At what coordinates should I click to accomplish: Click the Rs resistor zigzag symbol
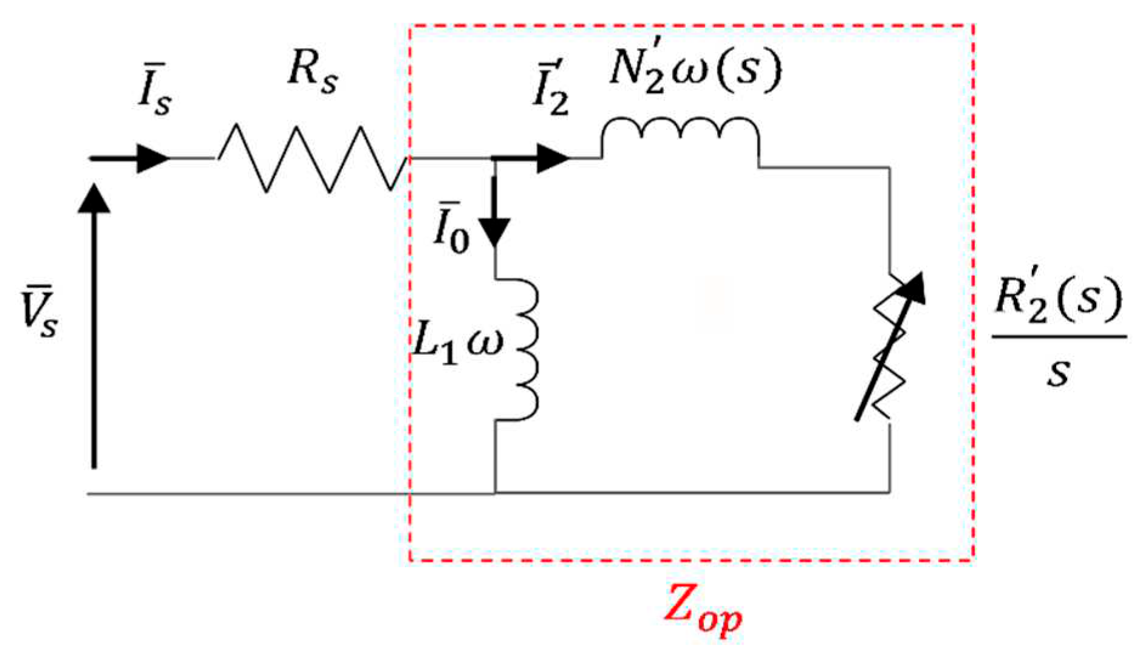coord(312,159)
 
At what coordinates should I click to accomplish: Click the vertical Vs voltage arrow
coord(94,328)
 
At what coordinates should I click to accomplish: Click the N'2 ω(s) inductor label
coord(694,70)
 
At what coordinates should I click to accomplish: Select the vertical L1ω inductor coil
coord(522,349)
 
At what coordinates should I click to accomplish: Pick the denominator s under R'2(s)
coord(1058,371)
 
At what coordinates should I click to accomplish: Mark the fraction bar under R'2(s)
coord(1059,336)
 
